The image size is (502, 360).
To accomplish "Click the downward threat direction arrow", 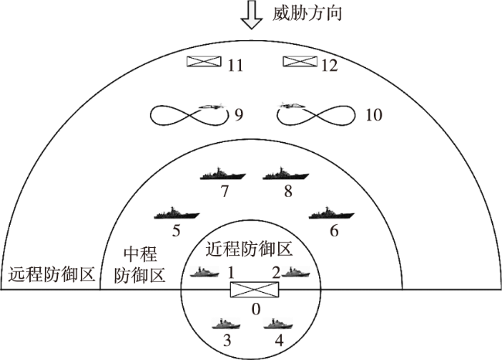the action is point(252,15).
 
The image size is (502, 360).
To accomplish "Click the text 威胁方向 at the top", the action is point(307,13).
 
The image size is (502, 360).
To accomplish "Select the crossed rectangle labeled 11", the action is point(204,61).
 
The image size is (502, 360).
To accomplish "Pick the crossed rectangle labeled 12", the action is point(300,61).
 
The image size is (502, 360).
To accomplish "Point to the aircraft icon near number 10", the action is point(292,105).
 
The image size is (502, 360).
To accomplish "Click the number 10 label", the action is point(374,114).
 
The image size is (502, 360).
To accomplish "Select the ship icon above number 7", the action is point(222,174).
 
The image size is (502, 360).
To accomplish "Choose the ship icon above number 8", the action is point(286,174).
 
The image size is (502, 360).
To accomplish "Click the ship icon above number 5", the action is point(177,212).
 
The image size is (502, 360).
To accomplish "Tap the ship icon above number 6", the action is point(331,212).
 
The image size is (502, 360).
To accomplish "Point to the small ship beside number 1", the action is point(205,272).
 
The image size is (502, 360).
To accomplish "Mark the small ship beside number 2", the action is point(296,272).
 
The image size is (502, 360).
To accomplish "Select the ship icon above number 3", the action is point(226,324).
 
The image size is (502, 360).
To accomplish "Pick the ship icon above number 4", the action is point(278,324).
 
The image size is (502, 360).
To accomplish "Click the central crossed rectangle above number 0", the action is point(255,290).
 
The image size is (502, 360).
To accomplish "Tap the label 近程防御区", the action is point(249,249).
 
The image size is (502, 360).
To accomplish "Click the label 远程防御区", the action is point(52,273).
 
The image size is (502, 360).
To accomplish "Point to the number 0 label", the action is point(256,309).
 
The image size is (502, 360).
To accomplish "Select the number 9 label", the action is point(239,114).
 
